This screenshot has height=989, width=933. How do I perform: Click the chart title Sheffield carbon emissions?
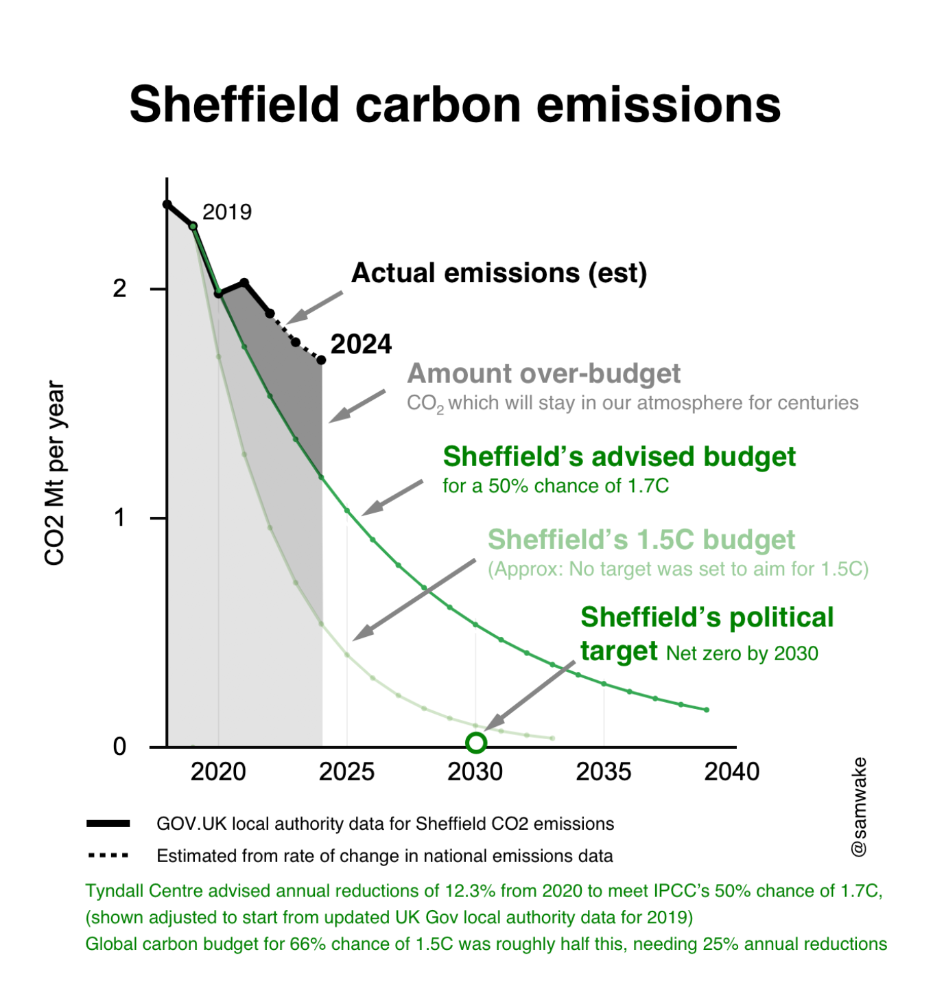pyautogui.click(x=455, y=104)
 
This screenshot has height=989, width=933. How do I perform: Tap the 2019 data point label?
pyautogui.click(x=226, y=212)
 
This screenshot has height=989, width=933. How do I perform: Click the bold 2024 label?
pyautogui.click(x=361, y=344)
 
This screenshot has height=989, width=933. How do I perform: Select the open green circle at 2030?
pyautogui.click(x=476, y=743)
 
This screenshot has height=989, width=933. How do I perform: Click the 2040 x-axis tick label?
pyautogui.click(x=731, y=771)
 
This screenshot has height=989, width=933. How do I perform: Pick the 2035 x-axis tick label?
pyautogui.click(x=603, y=771)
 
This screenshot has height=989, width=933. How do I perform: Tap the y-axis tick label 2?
pyautogui.click(x=120, y=289)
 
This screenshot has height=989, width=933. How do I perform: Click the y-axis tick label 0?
pyautogui.click(x=120, y=747)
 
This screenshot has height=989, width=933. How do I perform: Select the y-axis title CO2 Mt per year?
pyautogui.click(x=54, y=474)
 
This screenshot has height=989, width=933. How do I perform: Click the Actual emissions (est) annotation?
pyautogui.click(x=499, y=273)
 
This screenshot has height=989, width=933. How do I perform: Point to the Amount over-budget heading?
pyautogui.click(x=543, y=373)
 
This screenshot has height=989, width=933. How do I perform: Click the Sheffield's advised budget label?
pyautogui.click(x=619, y=456)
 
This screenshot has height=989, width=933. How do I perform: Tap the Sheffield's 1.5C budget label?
pyautogui.click(x=641, y=539)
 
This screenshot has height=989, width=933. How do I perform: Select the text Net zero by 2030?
pyautogui.click(x=742, y=653)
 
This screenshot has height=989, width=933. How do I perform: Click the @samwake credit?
pyautogui.click(x=859, y=807)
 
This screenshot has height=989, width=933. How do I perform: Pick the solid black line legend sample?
pyautogui.click(x=108, y=824)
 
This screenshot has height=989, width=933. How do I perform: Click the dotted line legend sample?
pyautogui.click(x=108, y=856)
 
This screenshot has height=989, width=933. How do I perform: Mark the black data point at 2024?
pyautogui.click(x=321, y=360)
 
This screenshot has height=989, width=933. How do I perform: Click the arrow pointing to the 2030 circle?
pyautogui.click(x=530, y=695)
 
